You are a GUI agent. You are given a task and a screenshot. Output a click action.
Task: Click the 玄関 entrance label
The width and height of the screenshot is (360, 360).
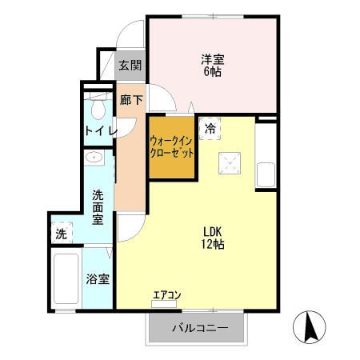(x=130, y=66)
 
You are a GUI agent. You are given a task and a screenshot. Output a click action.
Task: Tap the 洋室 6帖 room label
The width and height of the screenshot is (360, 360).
(x=212, y=64)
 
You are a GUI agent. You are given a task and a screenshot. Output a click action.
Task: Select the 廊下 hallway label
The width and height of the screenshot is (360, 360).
(x=131, y=101)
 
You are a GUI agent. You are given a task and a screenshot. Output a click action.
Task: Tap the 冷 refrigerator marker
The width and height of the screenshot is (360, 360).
(x=210, y=127)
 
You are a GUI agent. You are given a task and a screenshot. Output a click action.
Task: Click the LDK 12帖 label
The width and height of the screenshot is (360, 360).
(x=212, y=238)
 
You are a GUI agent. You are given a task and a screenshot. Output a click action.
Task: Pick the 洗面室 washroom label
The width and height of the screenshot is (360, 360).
(x=98, y=206)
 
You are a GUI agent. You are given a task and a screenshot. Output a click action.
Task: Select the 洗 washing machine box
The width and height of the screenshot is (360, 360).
(x=61, y=234)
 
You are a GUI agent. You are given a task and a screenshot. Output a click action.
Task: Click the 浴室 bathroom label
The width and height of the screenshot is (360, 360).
(x=98, y=280)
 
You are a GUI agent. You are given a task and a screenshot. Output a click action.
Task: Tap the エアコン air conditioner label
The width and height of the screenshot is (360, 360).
(x=166, y=295)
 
